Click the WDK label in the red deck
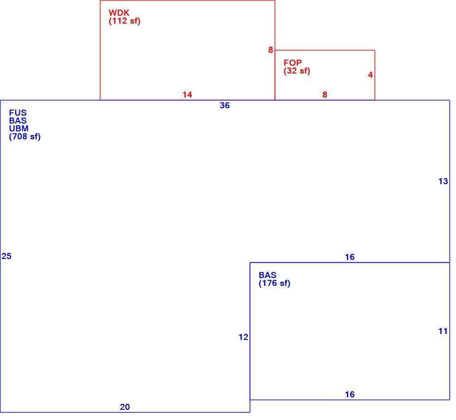(x=119, y=13)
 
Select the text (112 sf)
(x=124, y=21)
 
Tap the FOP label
(x=293, y=62)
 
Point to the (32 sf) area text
(x=296, y=71)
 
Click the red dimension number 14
(x=187, y=94)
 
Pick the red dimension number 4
(x=370, y=75)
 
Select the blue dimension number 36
(x=225, y=105)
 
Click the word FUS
(x=18, y=112)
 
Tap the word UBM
(x=18, y=129)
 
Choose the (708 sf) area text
(x=25, y=136)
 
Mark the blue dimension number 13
(x=443, y=181)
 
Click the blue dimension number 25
(x=6, y=256)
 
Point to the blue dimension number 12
(x=243, y=337)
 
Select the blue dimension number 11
(x=443, y=331)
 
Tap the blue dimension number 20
(x=125, y=407)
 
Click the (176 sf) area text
(x=275, y=283)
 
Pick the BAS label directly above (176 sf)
(x=268, y=275)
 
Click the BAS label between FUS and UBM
(x=18, y=120)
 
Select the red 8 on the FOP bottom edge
(x=325, y=94)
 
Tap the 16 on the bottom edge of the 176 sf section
(x=350, y=394)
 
